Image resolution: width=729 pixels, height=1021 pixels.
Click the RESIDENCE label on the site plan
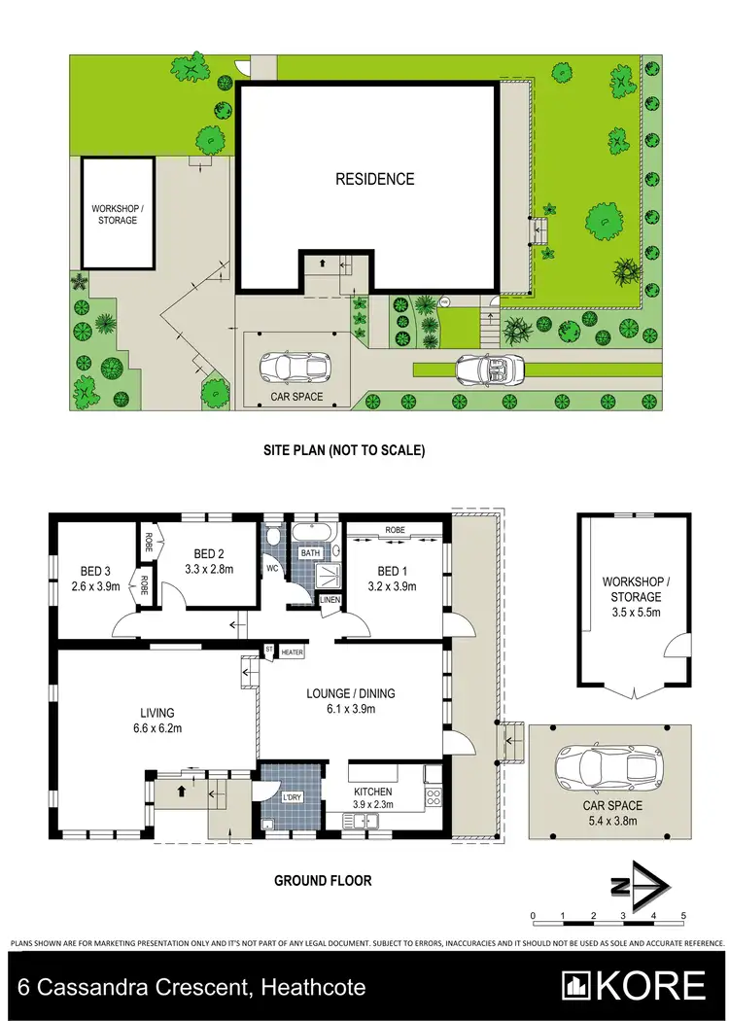(x=374, y=179)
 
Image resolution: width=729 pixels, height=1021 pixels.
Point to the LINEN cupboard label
(x=330, y=600)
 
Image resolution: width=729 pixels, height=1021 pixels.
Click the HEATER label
(x=293, y=652)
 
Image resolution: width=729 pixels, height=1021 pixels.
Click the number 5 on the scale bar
(x=684, y=916)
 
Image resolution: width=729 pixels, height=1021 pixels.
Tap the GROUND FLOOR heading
(x=323, y=881)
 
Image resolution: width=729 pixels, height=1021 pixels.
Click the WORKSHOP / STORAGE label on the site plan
(x=115, y=214)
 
